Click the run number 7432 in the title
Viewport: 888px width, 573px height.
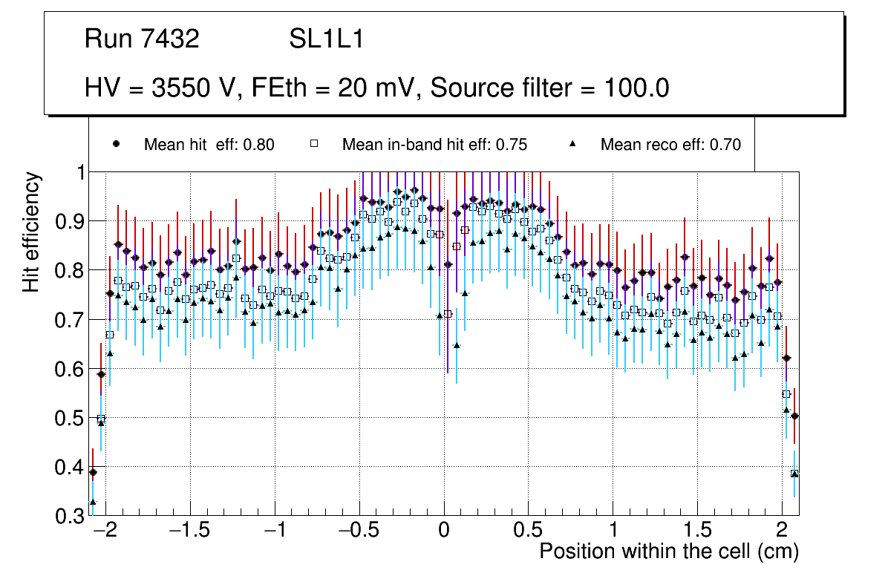[x=171, y=39]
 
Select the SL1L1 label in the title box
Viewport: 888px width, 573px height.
[x=326, y=39]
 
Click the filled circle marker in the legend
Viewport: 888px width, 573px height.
[x=116, y=144]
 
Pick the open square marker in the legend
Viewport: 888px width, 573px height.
[x=314, y=144]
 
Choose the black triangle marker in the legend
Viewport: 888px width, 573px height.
[x=572, y=144]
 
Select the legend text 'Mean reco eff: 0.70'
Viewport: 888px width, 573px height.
[x=670, y=145]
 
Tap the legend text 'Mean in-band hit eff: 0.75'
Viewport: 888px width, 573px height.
[x=434, y=145]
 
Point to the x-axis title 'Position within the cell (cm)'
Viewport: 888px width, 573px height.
[x=668, y=551]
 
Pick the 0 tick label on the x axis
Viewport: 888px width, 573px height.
[x=444, y=531]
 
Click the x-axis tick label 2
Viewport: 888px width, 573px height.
[x=782, y=531]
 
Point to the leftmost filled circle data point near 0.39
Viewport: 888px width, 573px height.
[x=93, y=472]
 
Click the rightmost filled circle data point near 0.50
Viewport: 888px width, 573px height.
[x=794, y=416]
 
